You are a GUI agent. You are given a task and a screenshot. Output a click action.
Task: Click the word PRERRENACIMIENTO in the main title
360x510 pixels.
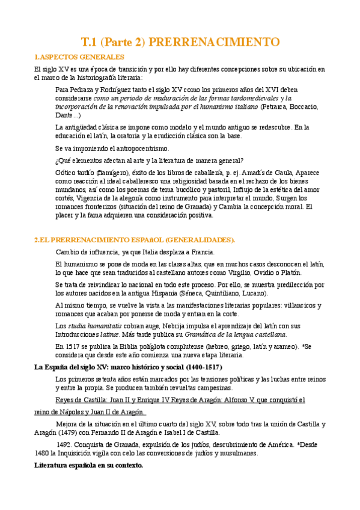tap(214, 42)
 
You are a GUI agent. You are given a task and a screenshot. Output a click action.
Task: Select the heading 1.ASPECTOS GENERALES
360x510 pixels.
tap(79, 57)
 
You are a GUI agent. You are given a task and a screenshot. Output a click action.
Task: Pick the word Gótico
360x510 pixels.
tap(65, 172)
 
